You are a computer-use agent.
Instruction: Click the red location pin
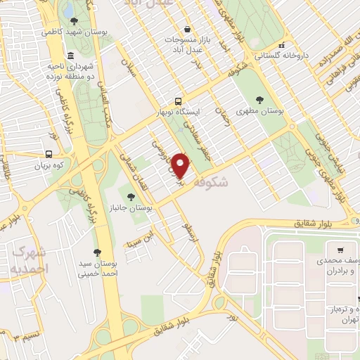[x=181, y=166]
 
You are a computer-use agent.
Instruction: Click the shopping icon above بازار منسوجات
[x=187, y=30]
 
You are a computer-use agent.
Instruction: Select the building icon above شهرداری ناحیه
[x=70, y=56]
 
